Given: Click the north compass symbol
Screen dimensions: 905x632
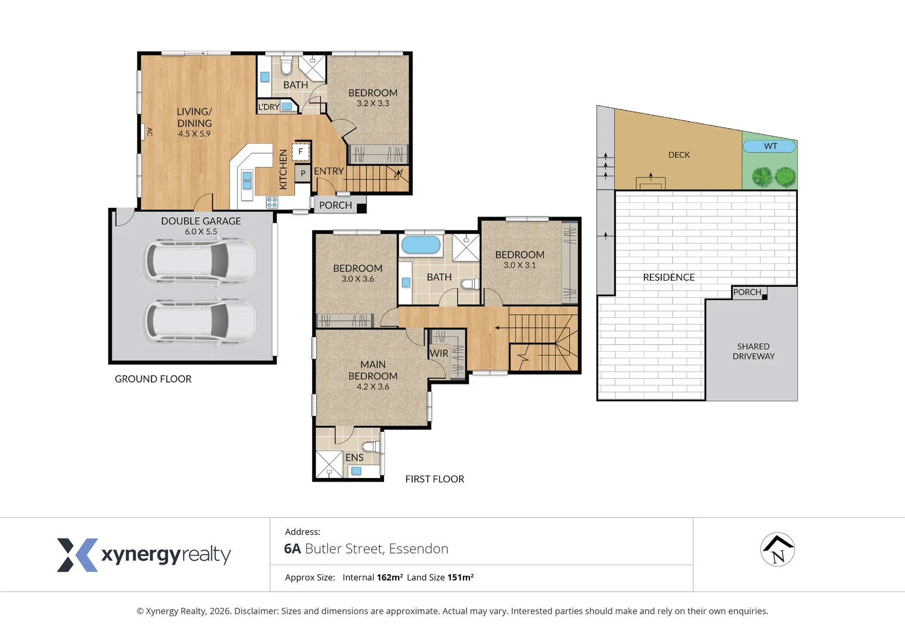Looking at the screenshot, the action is (x=777, y=549).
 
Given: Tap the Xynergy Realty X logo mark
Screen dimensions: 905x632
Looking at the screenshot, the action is (x=77, y=555).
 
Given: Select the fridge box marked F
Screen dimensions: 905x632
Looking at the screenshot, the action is (x=300, y=152).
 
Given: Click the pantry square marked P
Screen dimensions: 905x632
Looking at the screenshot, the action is (x=303, y=174).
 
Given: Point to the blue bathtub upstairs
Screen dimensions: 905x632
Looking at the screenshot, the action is (x=420, y=245).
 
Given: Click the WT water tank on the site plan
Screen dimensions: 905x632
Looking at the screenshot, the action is (x=769, y=146).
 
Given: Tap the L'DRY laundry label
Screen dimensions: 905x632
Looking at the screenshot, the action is (x=269, y=107).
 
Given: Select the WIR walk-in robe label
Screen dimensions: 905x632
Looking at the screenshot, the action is (x=439, y=353).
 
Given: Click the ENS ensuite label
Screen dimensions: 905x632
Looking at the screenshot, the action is (x=354, y=458).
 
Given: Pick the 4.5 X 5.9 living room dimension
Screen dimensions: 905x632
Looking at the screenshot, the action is (x=194, y=133).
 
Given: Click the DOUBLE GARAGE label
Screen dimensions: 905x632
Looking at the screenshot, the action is (x=201, y=221).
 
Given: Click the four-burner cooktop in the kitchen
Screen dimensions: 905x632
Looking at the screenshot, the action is (x=272, y=202).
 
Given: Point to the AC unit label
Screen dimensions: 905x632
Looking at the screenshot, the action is (x=149, y=132).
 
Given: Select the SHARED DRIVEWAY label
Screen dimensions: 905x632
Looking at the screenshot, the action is (x=753, y=351).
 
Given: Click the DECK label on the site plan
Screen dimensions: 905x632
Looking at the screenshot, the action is (x=679, y=154).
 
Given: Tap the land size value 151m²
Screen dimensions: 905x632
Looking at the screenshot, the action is (x=460, y=577).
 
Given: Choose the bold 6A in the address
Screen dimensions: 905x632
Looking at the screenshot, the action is (x=293, y=548).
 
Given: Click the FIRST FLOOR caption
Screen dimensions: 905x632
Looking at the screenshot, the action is (x=435, y=479).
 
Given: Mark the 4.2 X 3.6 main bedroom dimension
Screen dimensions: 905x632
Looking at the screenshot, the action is (x=372, y=386).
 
